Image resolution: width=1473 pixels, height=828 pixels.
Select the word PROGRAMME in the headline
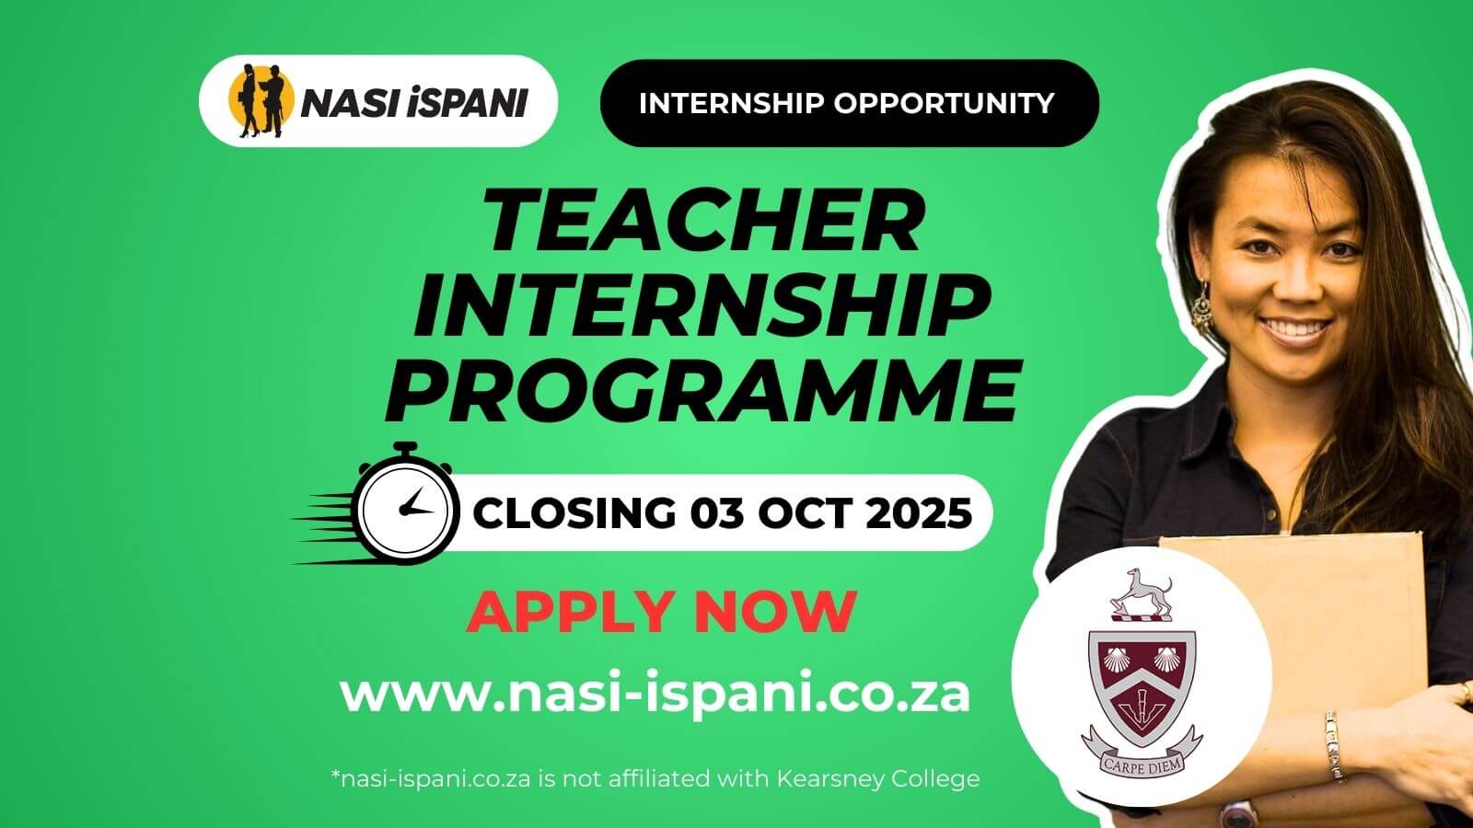coord(704,391)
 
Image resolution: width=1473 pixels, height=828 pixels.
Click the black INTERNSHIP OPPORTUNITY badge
coord(849,103)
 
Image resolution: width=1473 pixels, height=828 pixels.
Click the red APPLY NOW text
coord(661,612)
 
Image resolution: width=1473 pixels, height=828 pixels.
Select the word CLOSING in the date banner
coord(573,512)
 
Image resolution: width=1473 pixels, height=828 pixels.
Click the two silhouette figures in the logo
coord(262,101)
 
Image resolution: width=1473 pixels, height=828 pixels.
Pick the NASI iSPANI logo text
coord(413,103)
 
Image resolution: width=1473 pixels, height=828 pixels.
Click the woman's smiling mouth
coord(1300,329)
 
